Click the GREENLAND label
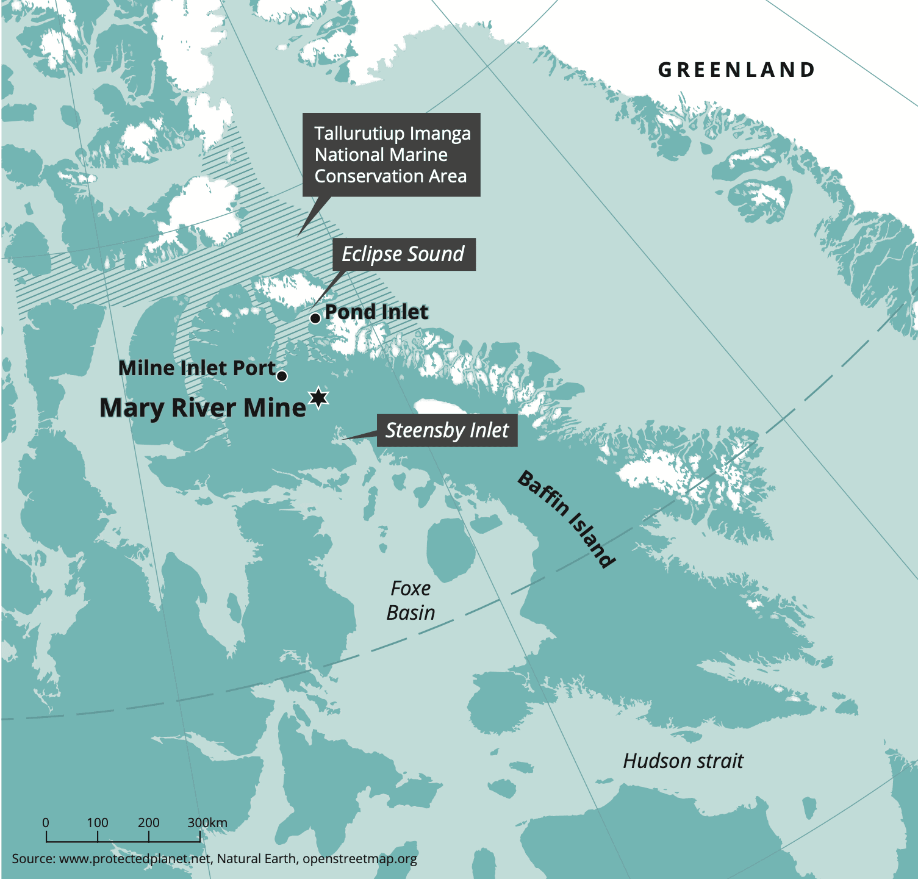point(736,70)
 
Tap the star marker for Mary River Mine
point(318,398)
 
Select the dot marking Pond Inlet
point(315,318)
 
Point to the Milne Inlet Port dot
point(282,376)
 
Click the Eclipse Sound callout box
point(403,254)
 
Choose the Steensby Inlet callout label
point(446,431)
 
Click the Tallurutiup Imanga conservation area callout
point(391,155)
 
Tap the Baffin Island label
point(566,519)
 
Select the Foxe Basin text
point(411,600)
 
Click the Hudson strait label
point(683,761)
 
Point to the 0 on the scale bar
point(46,822)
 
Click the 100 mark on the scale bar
point(98,822)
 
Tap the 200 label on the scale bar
point(149,822)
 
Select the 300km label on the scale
point(207,822)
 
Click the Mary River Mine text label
point(203,408)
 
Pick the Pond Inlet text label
point(376,312)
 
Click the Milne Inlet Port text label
point(197,368)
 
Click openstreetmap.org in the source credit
point(360,859)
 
